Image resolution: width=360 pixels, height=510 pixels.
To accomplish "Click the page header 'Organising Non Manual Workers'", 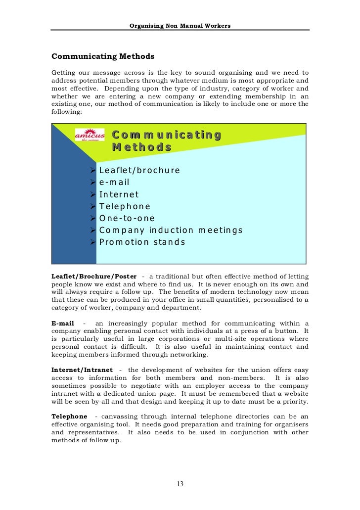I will (180, 25).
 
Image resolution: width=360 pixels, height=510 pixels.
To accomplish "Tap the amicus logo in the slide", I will (90, 135).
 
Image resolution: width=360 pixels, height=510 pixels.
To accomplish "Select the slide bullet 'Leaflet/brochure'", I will (139, 171).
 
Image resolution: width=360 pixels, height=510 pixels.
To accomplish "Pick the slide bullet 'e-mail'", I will (114, 183).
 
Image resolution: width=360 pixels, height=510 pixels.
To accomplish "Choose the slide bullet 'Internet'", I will (119, 195).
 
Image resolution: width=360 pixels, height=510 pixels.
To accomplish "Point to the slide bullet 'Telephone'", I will (125, 207).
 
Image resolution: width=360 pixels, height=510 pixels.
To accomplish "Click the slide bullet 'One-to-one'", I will (127, 219).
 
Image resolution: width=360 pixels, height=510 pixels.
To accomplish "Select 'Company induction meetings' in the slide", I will (171, 231).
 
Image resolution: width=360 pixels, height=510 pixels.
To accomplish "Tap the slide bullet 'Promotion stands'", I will (142, 242).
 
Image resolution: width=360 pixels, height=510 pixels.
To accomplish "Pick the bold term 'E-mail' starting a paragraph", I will (63, 324).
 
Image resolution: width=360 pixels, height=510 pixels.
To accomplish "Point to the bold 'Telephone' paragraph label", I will (69, 417).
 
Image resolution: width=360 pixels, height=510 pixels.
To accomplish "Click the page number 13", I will (180, 484).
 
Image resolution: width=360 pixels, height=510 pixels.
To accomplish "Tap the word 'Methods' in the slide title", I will (141, 147).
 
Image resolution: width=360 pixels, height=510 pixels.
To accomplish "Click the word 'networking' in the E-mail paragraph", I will (189, 355).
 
